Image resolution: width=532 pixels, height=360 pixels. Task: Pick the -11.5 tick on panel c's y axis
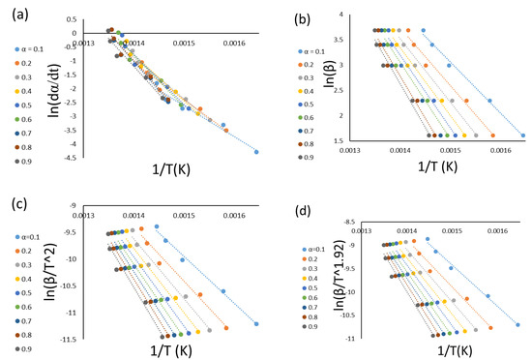92,340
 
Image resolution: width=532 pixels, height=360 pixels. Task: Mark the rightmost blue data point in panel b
523,135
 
